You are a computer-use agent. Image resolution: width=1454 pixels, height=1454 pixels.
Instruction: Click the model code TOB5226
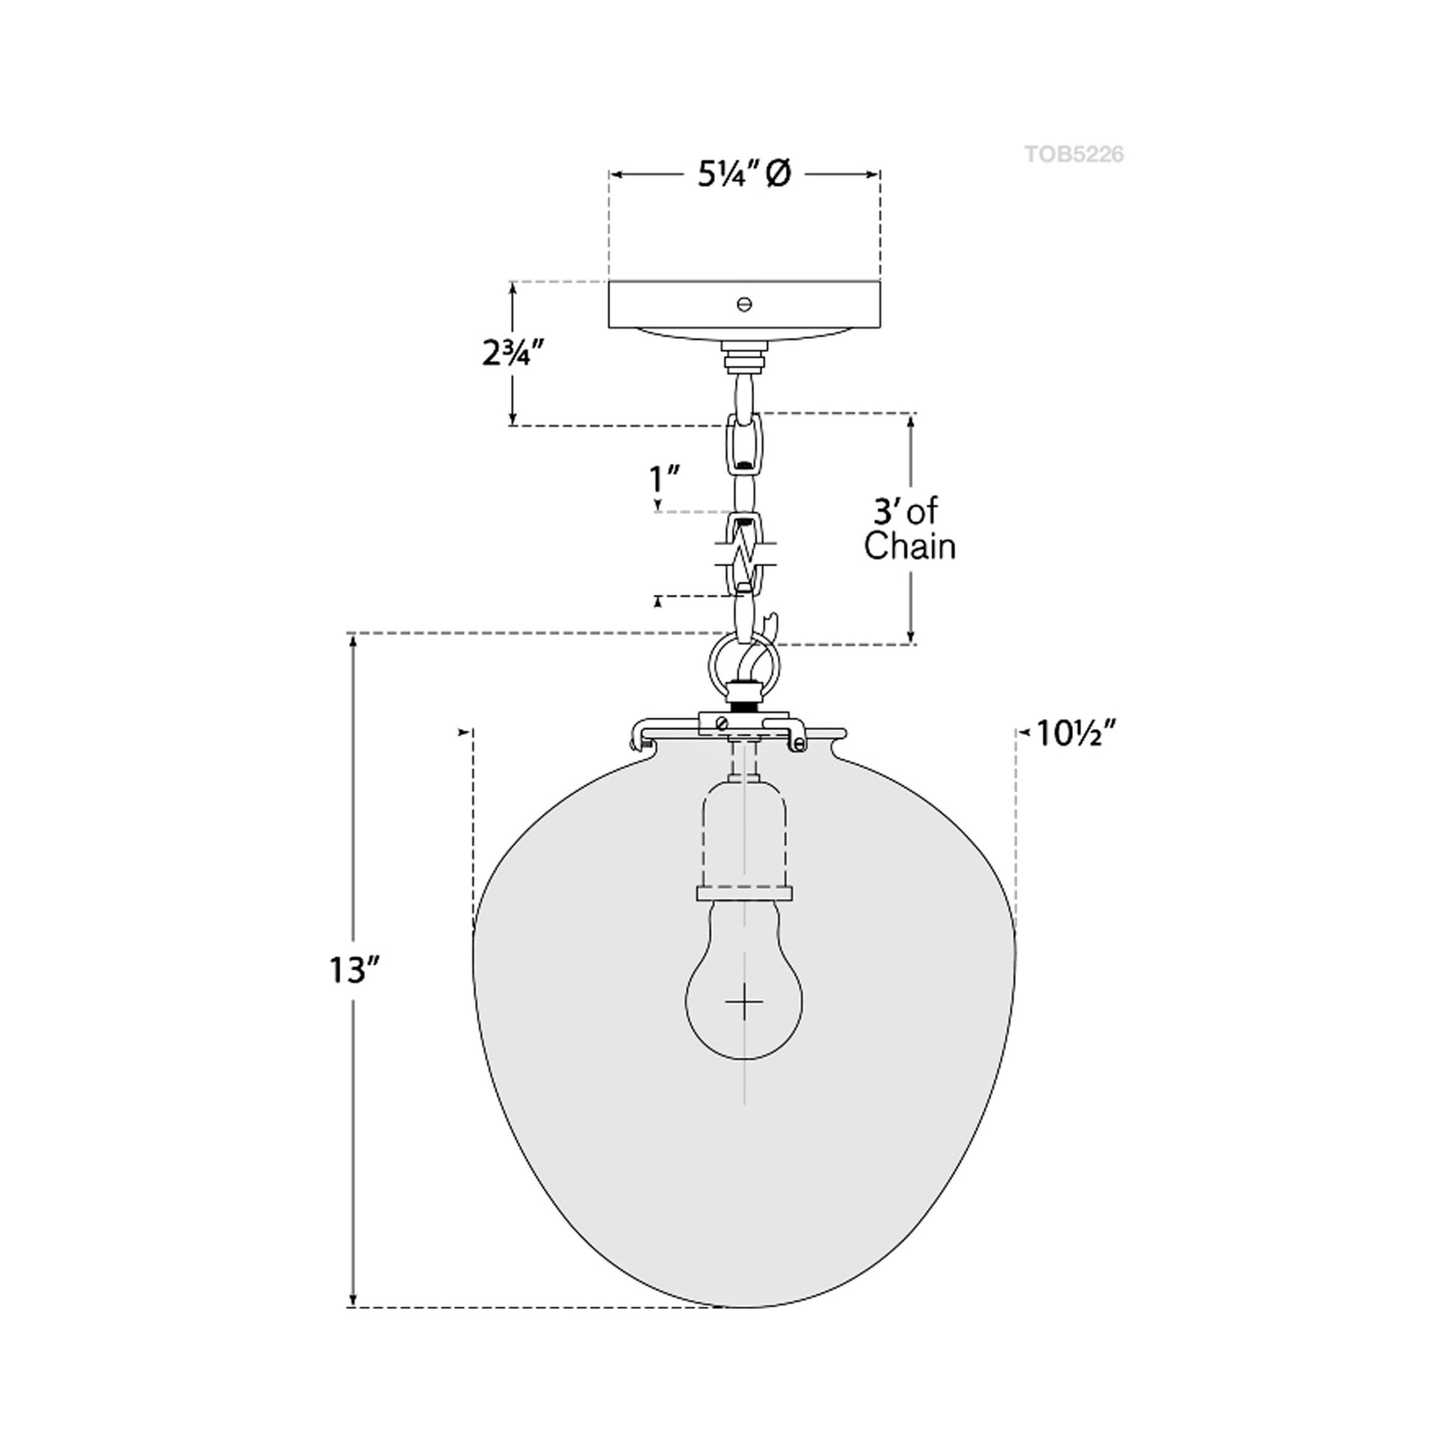1074,154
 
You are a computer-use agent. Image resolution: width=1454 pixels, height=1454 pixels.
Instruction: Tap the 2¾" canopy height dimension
513,353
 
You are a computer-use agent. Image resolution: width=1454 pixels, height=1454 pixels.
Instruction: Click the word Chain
909,546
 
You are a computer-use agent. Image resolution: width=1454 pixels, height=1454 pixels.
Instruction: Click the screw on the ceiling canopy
744,304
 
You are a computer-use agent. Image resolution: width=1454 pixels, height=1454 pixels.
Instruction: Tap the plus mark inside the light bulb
743,1002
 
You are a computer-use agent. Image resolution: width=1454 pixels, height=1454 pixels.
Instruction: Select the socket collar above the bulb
743,893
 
